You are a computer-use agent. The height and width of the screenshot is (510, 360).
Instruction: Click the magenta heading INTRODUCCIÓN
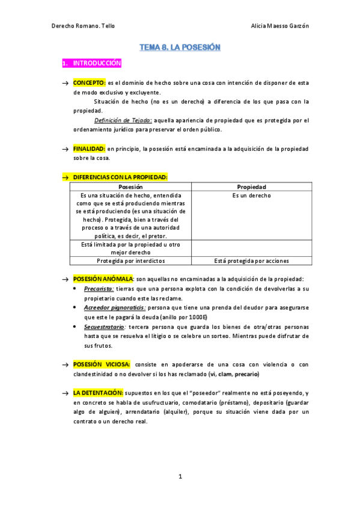click(x=97, y=63)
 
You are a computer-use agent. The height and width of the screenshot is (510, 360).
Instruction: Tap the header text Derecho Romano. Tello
click(x=83, y=26)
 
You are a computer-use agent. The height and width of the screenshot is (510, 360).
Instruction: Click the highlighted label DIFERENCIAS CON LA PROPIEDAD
click(x=120, y=177)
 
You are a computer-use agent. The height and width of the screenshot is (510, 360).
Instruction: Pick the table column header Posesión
click(x=130, y=187)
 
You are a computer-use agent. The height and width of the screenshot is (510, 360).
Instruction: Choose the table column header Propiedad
click(x=251, y=187)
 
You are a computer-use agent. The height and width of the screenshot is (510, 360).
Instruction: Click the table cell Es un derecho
click(x=251, y=195)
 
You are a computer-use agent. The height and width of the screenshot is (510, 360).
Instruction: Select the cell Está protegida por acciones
click(x=251, y=261)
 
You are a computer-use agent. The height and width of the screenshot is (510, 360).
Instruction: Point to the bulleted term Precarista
click(x=99, y=289)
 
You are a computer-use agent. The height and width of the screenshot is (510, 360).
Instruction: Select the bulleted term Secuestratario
click(x=104, y=327)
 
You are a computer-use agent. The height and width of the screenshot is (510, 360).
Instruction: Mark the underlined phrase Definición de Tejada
click(x=127, y=120)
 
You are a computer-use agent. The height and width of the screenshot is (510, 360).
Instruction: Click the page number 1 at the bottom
click(x=180, y=477)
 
